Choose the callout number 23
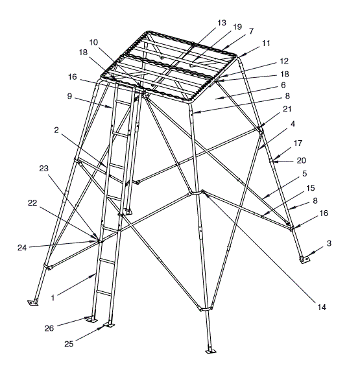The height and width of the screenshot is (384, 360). coord(43,168)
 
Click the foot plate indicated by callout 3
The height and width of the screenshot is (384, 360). coord(304,259)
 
